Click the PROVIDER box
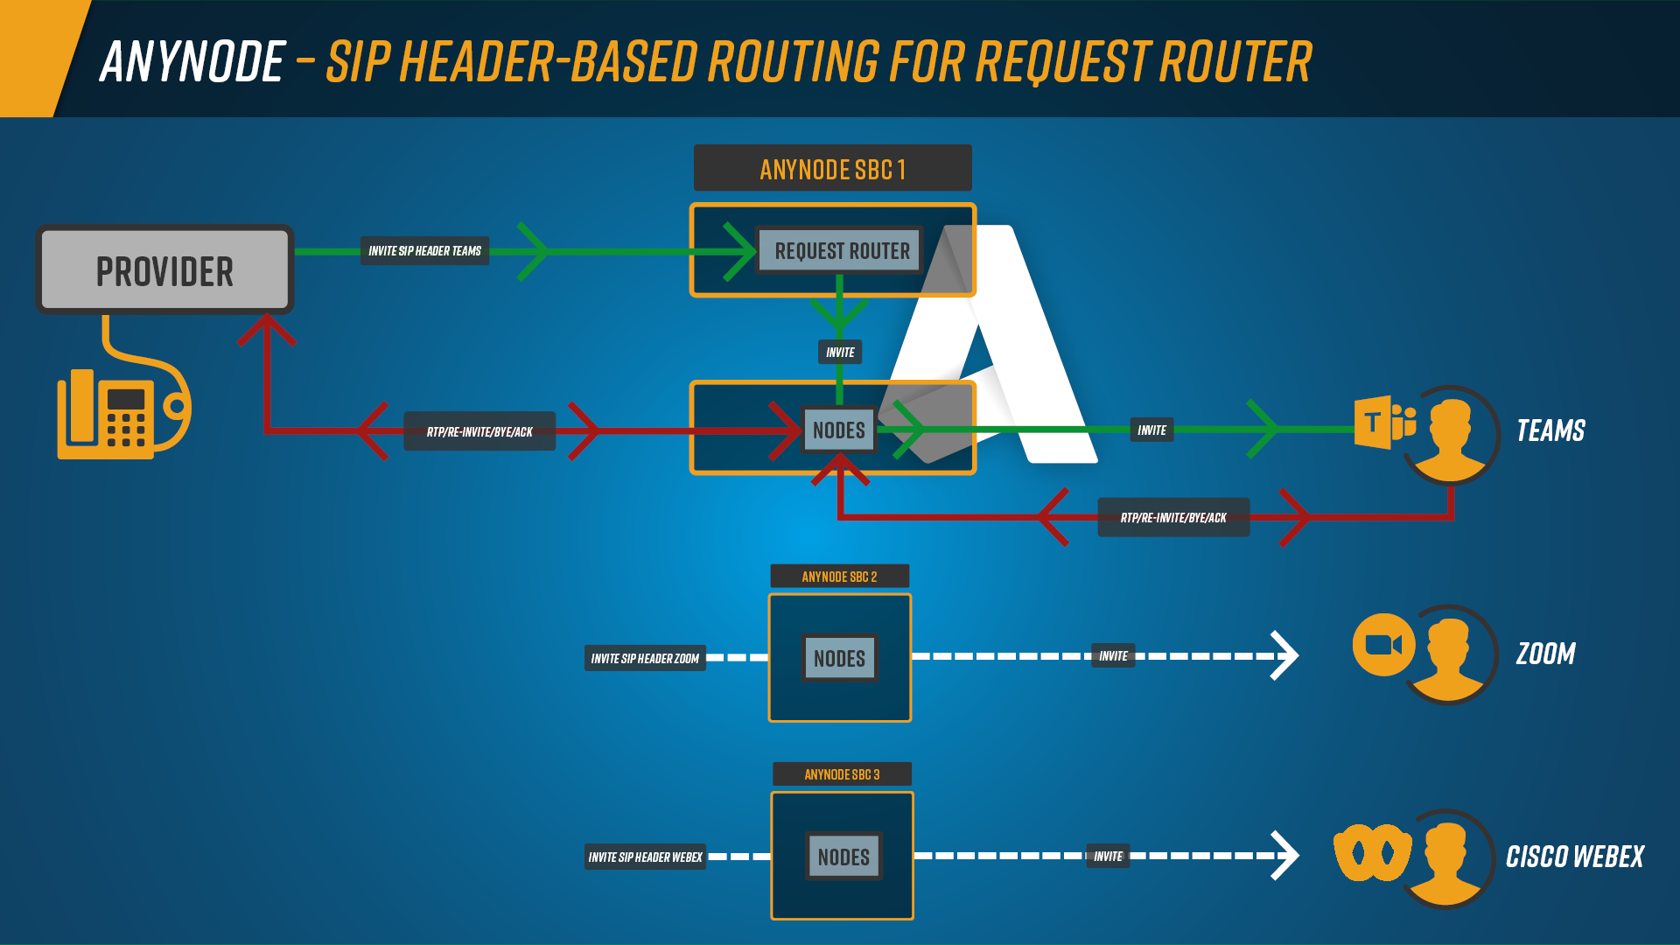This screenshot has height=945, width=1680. click(x=164, y=270)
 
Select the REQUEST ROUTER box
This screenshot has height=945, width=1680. click(x=841, y=251)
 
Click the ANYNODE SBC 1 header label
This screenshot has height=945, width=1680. click(x=832, y=169)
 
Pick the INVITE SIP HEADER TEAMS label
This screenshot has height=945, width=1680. click(x=424, y=251)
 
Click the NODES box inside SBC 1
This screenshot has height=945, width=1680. click(x=838, y=430)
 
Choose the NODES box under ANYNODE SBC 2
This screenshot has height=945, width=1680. click(x=839, y=658)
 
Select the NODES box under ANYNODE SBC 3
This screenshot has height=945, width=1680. click(x=843, y=857)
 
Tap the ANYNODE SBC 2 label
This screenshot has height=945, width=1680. click(x=839, y=577)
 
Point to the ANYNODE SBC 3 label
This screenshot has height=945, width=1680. click(x=842, y=774)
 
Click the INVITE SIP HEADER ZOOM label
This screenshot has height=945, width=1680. click(x=645, y=658)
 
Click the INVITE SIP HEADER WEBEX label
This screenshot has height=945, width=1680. click(x=645, y=857)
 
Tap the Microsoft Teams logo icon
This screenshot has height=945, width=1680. click(x=1382, y=423)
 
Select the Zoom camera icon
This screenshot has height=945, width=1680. click(x=1382, y=645)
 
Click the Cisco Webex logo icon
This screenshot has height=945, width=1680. click(x=1371, y=851)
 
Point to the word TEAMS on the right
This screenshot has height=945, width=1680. click(x=1550, y=430)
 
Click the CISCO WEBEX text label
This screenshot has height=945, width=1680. click(x=1574, y=857)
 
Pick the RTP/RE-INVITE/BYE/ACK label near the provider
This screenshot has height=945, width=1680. click(x=479, y=431)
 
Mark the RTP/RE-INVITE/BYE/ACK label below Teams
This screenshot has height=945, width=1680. click(x=1173, y=517)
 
